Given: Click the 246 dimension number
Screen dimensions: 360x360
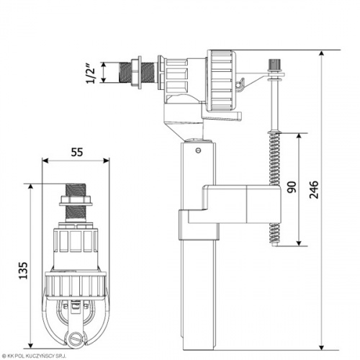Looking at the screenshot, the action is click(313, 189).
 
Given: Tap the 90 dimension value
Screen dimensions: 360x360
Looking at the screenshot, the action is click(292, 187).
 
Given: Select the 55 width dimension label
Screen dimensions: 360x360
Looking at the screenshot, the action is click(77, 152).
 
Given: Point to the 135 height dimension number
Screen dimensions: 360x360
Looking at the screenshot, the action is click(23, 271).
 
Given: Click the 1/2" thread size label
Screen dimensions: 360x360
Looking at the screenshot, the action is click(91, 73).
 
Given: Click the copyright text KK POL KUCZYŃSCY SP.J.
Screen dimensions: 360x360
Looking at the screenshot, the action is click(33, 356).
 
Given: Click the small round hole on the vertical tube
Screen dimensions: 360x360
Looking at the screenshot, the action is click(198, 150).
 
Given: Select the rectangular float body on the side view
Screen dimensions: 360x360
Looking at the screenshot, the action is click(242, 204).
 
